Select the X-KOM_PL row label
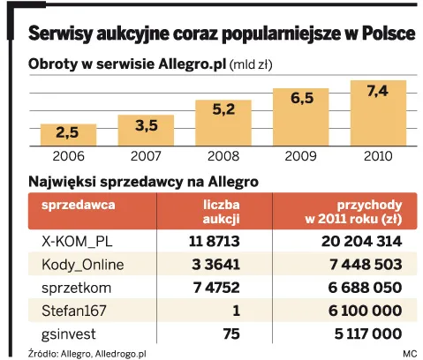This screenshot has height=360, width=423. click(79, 241)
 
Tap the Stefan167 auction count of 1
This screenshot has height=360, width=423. click(237, 310)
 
